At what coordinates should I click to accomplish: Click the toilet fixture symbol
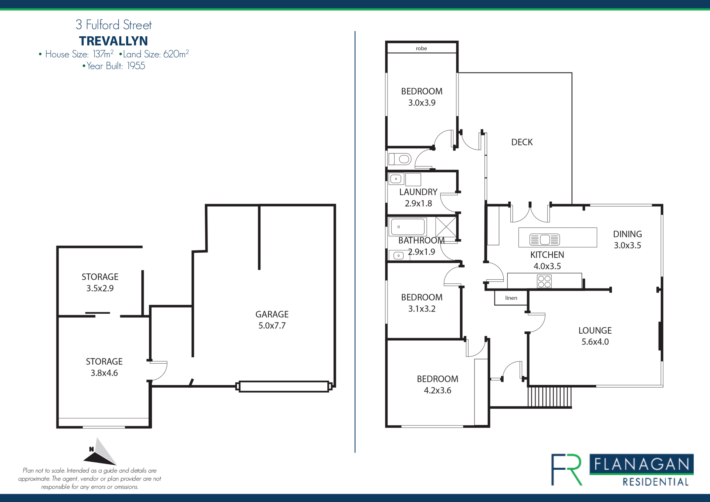[x=400, y=159]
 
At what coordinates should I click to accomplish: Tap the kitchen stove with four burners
[x=544, y=281]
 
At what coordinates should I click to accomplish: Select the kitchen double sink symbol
[x=545, y=240]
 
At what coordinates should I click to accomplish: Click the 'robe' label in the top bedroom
[x=421, y=48]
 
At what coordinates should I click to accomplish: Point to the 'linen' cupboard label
[x=511, y=298]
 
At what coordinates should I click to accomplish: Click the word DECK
[x=522, y=142]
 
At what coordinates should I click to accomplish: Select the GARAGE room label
[x=272, y=314]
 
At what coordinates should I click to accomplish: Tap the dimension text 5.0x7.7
[x=272, y=326]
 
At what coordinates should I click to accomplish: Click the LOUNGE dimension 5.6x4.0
[x=595, y=342]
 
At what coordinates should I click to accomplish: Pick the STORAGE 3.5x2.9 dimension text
[x=100, y=288]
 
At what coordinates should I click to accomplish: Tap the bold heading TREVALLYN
[x=114, y=41]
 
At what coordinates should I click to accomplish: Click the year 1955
[x=136, y=66]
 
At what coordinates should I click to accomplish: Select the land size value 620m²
[x=176, y=54]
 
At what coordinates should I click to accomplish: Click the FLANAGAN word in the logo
[x=642, y=464]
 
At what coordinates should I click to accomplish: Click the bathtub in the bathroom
[x=408, y=227]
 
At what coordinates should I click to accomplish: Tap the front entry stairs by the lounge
[x=550, y=397]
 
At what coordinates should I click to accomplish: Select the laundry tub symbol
[x=396, y=179]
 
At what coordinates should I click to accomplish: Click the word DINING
[x=627, y=234]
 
